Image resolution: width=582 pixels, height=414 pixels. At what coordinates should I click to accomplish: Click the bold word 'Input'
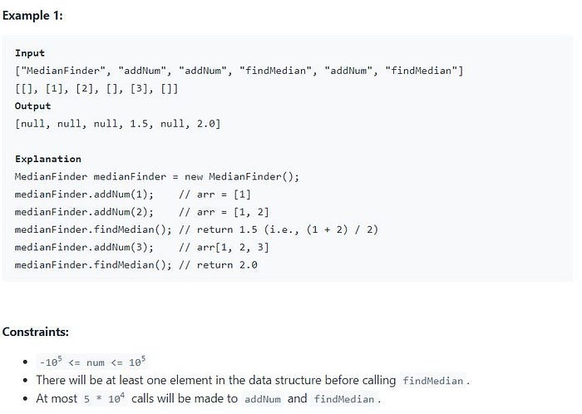coord(30,53)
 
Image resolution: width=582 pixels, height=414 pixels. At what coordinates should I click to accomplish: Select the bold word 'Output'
coord(33,106)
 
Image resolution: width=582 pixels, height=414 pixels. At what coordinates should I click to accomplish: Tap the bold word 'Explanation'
coord(48,159)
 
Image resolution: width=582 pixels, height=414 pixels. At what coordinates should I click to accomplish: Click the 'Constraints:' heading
coord(35,332)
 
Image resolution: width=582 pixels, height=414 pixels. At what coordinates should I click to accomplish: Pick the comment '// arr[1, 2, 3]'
coord(223,247)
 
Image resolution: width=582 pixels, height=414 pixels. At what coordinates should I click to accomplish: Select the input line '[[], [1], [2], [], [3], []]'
coord(96,88)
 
